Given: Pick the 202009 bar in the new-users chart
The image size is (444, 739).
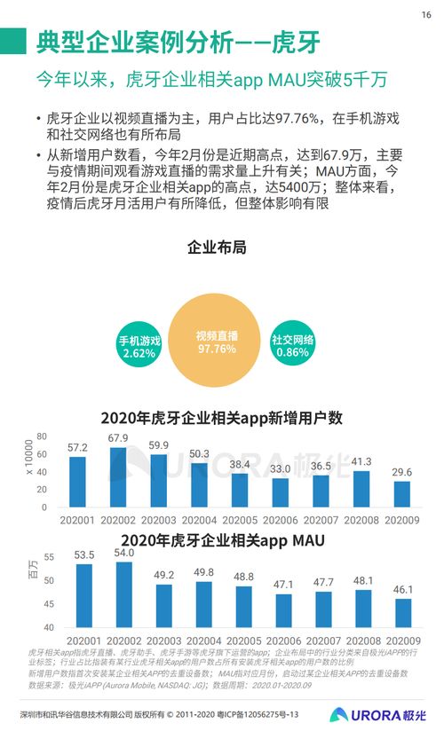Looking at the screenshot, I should [x=402, y=492].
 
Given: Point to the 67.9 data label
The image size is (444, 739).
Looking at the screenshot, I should [x=118, y=438].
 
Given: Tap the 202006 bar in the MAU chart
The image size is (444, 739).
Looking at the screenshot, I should [x=283, y=610].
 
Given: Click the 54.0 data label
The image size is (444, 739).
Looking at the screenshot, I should [x=124, y=554].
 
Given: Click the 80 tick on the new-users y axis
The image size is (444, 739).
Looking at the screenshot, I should [x=41, y=436].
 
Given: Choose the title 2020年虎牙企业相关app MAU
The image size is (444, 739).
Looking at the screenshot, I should [x=221, y=539].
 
